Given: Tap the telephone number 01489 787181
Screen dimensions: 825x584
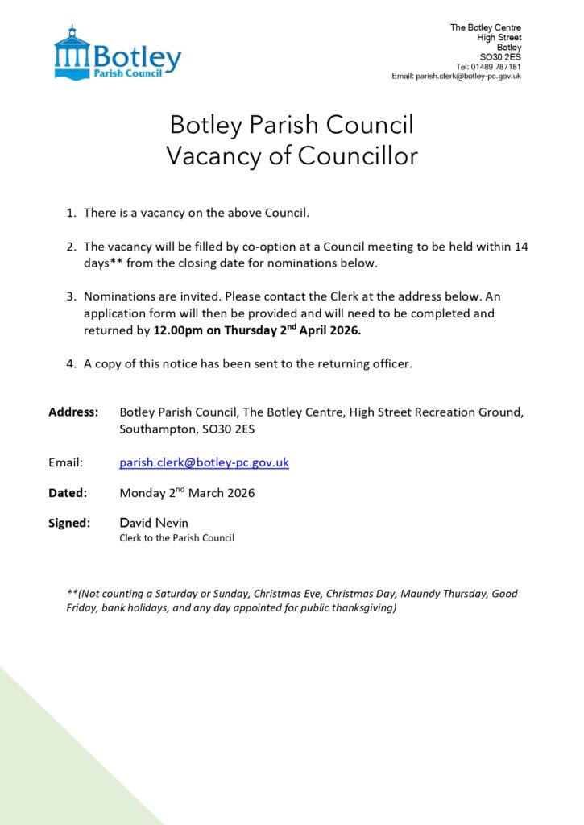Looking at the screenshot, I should pyautogui.click(x=499, y=67).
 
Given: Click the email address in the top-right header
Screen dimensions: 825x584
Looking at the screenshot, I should pyautogui.click(x=468, y=76).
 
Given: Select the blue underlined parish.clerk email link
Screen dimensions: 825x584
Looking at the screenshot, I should pyautogui.click(x=204, y=462).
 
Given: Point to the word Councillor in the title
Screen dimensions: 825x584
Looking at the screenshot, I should pyautogui.click(x=358, y=155).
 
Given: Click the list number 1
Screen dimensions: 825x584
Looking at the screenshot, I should pyautogui.click(x=71, y=213).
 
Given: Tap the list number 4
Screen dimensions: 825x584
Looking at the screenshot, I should pyautogui.click(x=71, y=363).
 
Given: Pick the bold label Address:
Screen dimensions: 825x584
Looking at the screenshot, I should pyautogui.click(x=73, y=412).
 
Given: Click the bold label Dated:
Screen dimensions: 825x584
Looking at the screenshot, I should pyautogui.click(x=68, y=493).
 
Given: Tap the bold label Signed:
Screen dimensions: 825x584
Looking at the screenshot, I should pyautogui.click(x=69, y=523).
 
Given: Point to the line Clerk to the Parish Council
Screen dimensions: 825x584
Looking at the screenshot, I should pyautogui.click(x=176, y=537).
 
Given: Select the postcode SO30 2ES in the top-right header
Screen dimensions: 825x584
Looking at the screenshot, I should pyautogui.click(x=500, y=57).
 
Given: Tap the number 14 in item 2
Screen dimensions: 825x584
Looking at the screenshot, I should pyautogui.click(x=520, y=247).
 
